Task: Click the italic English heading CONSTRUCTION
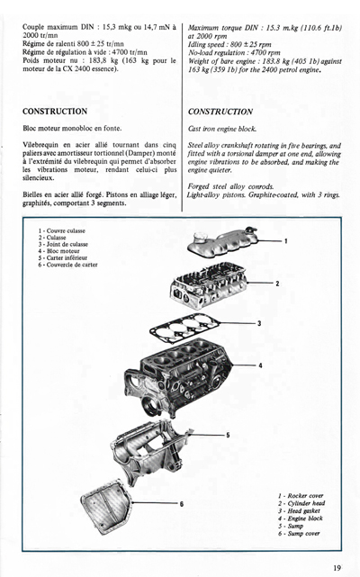tap(225, 112)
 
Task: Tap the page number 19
tap(336, 567)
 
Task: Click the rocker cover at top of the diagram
tap(242, 240)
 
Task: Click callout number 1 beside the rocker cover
tap(286, 241)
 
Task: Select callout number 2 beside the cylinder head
tap(277, 284)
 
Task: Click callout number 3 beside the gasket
tap(259, 322)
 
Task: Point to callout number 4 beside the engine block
tap(259, 365)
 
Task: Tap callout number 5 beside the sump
tap(228, 435)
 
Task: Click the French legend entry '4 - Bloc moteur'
tap(63, 251)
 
